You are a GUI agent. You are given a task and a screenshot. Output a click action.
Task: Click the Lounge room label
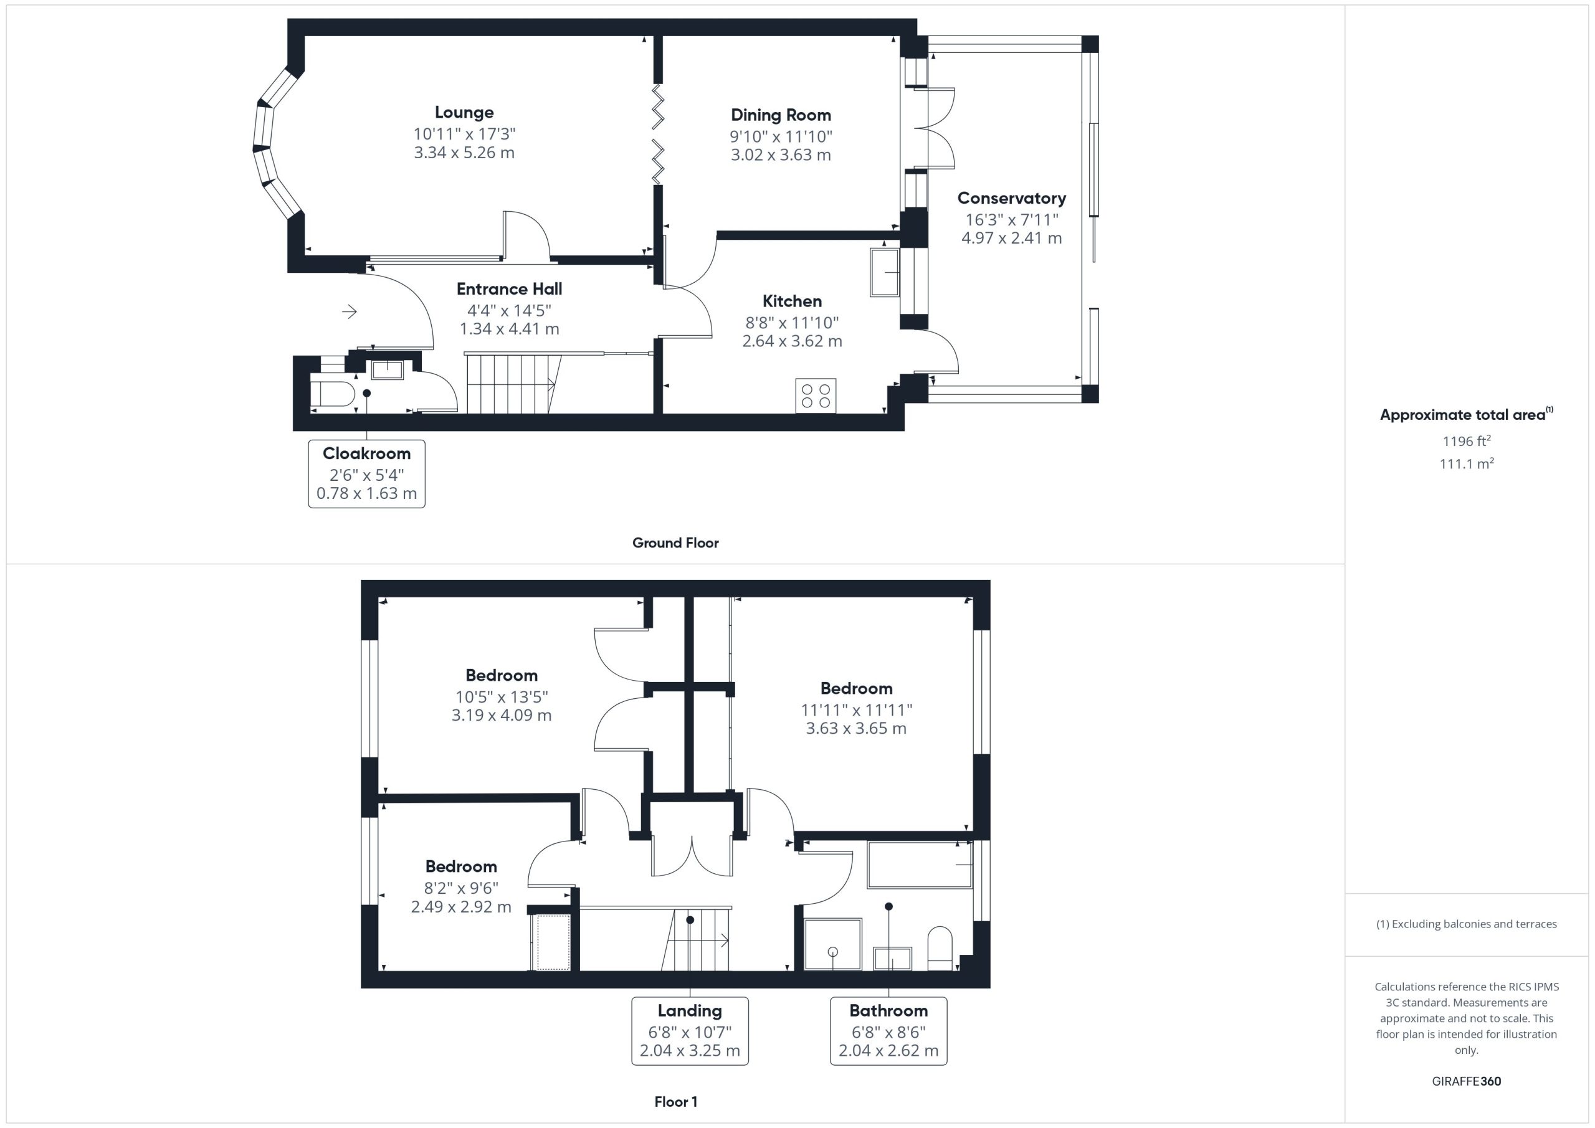point(464,113)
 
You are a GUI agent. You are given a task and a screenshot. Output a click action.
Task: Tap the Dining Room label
point(781,115)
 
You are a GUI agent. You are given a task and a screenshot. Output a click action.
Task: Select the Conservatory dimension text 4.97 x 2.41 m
point(1011,238)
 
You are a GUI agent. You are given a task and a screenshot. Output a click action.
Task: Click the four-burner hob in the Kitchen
point(816,396)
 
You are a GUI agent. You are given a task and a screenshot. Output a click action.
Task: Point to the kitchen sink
point(884,272)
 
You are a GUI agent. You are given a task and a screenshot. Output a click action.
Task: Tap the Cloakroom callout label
point(367,453)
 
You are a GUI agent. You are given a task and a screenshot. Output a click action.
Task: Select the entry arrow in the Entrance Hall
point(350,312)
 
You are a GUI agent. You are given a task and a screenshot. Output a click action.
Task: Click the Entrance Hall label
point(509,289)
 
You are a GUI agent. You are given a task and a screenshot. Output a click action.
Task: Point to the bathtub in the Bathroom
point(919,864)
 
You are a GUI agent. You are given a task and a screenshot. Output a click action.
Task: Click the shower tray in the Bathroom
point(833,944)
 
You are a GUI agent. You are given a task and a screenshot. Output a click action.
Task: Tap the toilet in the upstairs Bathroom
point(941,947)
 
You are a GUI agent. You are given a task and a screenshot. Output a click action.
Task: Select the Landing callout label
point(690,1011)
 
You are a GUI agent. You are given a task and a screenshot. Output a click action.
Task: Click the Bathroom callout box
point(888,1031)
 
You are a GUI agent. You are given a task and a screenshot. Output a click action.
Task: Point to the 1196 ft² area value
point(1467,441)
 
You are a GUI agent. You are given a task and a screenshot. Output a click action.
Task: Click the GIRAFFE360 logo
point(1467,1081)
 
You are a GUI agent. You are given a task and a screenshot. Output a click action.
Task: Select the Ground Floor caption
point(675,543)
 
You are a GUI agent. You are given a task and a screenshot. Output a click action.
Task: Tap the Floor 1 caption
point(676,1102)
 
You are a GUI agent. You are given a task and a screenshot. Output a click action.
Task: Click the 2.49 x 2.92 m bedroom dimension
point(461,907)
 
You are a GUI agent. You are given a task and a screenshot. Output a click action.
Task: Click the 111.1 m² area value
point(1467,463)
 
